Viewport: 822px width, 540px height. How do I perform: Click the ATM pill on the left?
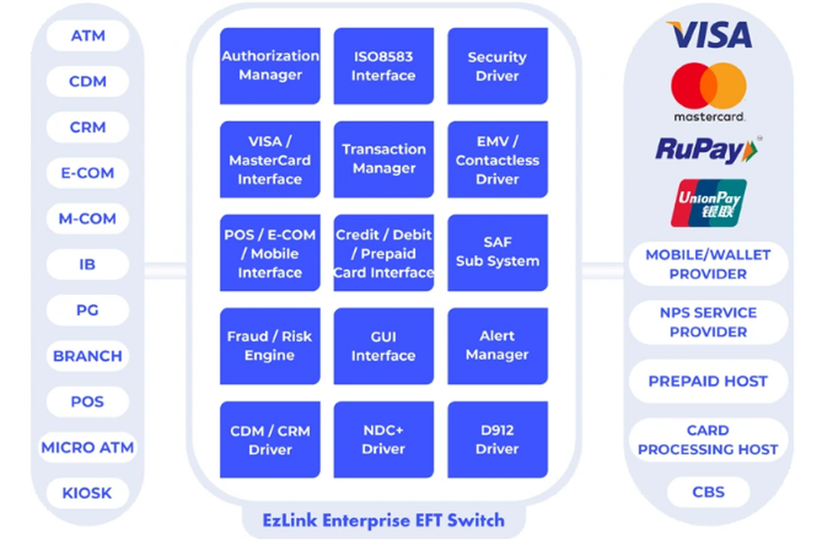tap(87, 36)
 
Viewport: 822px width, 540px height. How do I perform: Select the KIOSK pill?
tap(87, 493)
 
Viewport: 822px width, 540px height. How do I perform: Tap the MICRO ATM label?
tap(87, 448)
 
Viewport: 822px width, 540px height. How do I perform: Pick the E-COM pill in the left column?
tap(87, 173)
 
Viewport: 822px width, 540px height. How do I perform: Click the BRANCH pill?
tap(87, 357)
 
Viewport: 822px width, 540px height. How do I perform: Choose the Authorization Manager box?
tap(270, 66)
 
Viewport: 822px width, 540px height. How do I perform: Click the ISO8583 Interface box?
tap(383, 66)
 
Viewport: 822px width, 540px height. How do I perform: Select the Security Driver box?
tap(497, 66)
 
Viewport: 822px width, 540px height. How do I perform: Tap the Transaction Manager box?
tap(383, 159)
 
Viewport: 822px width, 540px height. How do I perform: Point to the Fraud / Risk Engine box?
tap(270, 346)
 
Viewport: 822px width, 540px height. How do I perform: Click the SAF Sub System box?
tap(497, 252)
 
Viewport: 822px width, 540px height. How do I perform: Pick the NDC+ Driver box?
tap(383, 440)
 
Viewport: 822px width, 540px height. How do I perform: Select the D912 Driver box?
tap(497, 440)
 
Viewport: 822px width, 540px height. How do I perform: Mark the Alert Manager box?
tap(497, 346)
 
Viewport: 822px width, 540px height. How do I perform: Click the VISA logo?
tap(709, 35)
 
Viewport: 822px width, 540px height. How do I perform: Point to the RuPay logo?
tap(708, 150)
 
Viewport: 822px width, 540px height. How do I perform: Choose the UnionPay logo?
tap(709, 203)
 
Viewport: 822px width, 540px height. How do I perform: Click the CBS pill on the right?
tap(709, 492)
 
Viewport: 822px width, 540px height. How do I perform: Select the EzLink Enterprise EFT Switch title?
tap(383, 519)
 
